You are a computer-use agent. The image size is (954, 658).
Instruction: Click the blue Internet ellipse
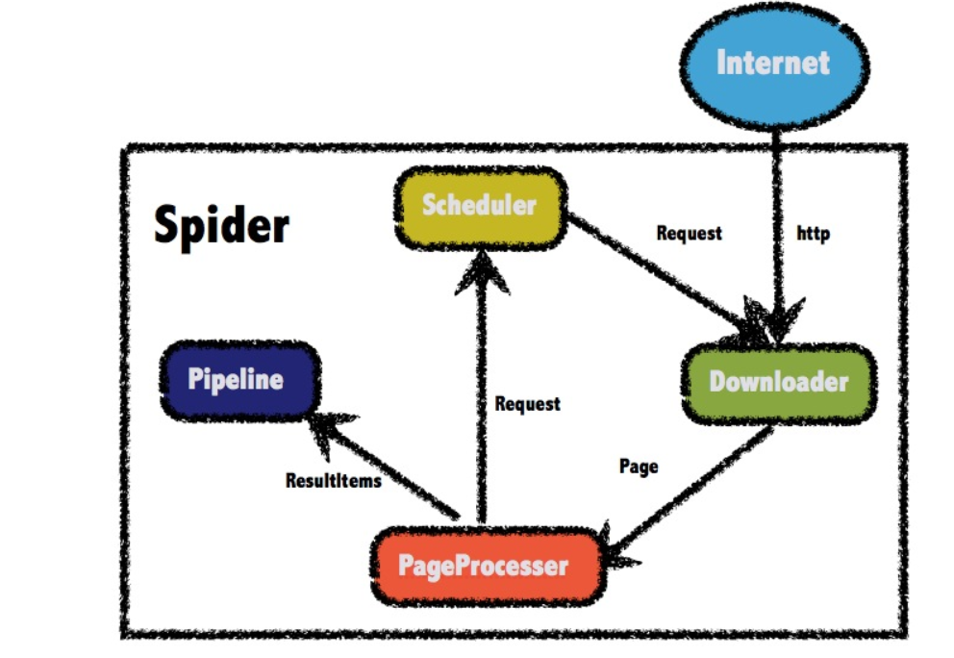[x=773, y=64]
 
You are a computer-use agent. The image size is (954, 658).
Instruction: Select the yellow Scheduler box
[x=479, y=206]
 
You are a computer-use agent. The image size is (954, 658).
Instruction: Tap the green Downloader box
[x=779, y=382]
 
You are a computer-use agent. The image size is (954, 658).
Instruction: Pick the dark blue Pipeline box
[x=237, y=379]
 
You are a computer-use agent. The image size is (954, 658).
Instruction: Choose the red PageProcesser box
[x=487, y=566]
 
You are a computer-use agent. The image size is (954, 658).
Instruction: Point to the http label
[x=814, y=233]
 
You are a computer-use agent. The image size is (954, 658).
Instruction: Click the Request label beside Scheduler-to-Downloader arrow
[x=689, y=233]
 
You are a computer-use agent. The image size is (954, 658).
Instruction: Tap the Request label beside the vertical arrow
[x=527, y=404]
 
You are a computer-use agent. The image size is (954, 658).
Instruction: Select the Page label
[x=639, y=467]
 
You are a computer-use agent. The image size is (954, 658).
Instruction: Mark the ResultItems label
[x=333, y=480]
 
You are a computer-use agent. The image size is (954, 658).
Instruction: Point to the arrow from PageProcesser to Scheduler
[x=482, y=404]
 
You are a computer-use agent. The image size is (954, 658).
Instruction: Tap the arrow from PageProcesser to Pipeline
[x=394, y=467]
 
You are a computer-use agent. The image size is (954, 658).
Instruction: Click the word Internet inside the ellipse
[x=773, y=63]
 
